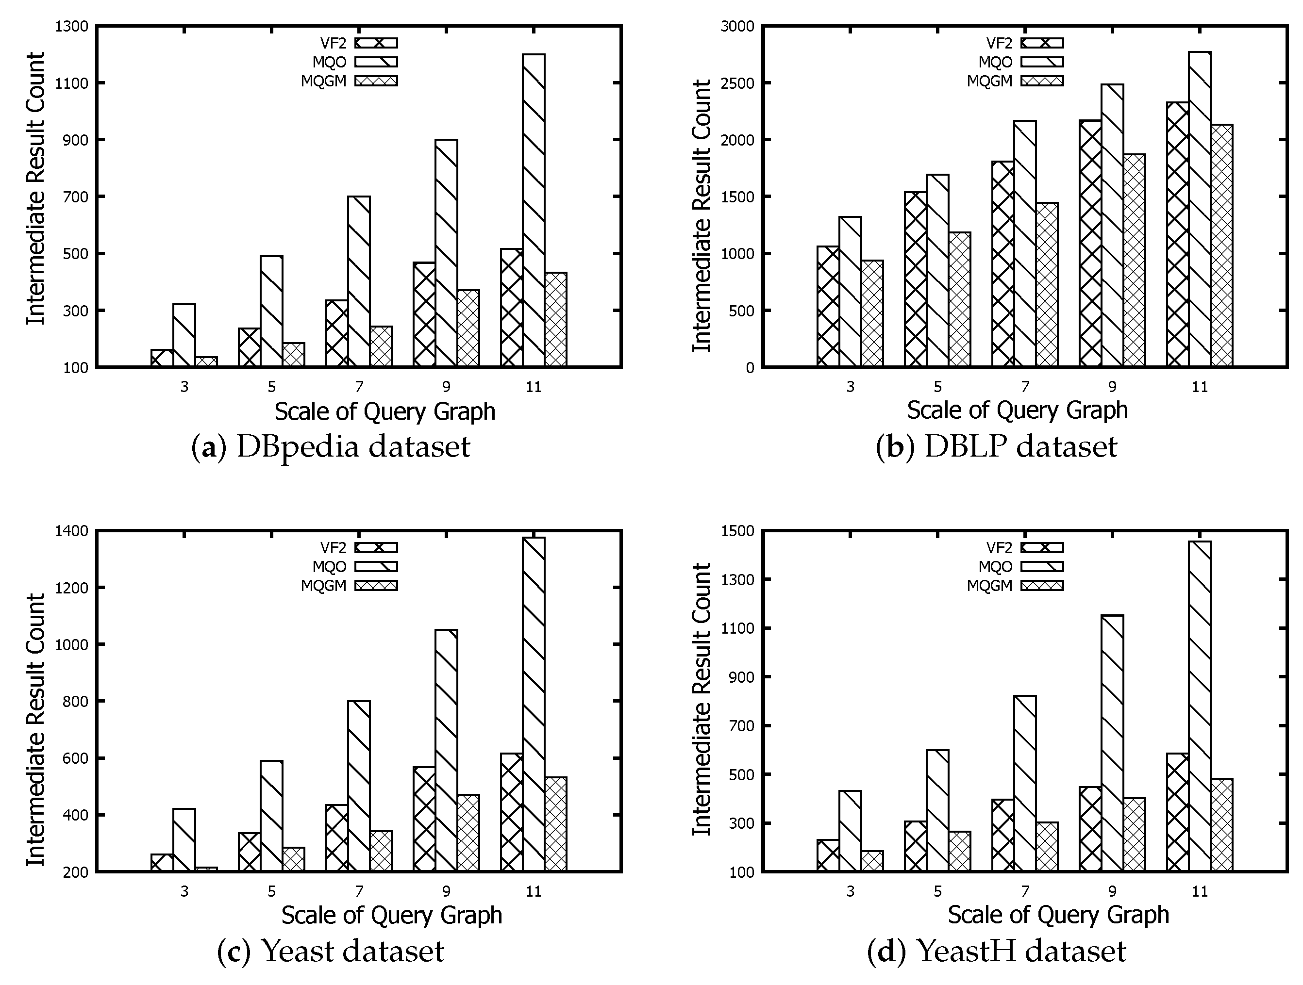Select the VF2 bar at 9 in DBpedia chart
click(424, 315)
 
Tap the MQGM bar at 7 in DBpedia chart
click(381, 347)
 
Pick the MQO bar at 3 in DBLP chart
click(850, 292)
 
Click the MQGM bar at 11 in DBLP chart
click(1222, 246)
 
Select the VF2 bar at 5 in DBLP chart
click(916, 279)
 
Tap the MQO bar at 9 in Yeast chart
click(447, 751)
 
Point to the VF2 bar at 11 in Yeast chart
click(511, 812)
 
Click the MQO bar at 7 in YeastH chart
click(1025, 784)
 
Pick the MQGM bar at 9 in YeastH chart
click(1135, 835)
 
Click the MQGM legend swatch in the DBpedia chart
click(376, 81)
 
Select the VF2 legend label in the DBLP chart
click(999, 43)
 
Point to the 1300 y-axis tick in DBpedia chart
click(71, 27)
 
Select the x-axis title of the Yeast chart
click(391, 916)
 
